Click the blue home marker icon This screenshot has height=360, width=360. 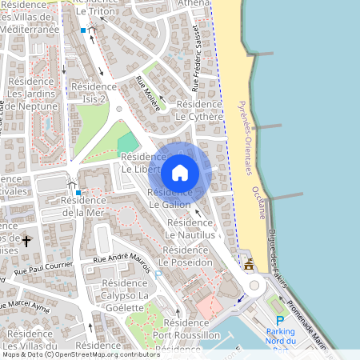180,172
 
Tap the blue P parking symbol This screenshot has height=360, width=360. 279,320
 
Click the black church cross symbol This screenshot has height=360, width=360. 26,240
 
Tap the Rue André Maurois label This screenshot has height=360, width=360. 122,261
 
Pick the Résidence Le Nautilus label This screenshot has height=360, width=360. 190,229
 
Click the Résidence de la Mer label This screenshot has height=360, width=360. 83,206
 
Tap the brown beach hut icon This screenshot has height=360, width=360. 249,265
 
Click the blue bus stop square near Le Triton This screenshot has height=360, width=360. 82,30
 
